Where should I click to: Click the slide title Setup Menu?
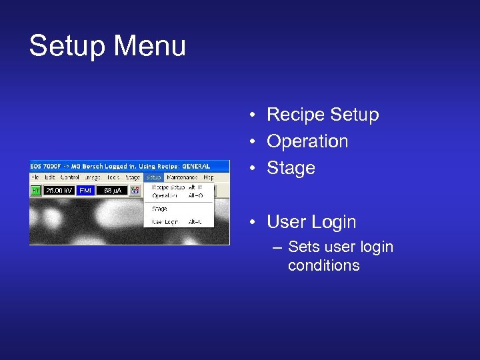tap(107, 47)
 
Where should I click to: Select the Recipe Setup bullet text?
tap(322, 115)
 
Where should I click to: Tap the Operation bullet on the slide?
tap(307, 141)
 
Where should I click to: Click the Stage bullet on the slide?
tap(291, 168)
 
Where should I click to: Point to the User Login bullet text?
tap(311, 222)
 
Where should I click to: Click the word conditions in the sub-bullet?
tap(323, 265)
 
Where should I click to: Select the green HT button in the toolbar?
tap(36, 191)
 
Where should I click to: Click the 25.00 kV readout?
tap(59, 191)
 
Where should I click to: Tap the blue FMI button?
tap(85, 191)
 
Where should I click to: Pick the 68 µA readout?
tap(112, 191)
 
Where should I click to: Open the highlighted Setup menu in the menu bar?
tap(153, 177)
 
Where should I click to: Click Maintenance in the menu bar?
tap(182, 177)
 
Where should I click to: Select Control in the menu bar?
tap(70, 177)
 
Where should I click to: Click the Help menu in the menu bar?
tap(209, 177)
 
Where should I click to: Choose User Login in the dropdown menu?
tap(165, 221)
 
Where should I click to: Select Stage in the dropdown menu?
tap(159, 209)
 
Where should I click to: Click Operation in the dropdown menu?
tap(165, 196)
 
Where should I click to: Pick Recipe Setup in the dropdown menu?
tap(167, 187)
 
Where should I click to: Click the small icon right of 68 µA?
tap(135, 191)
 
